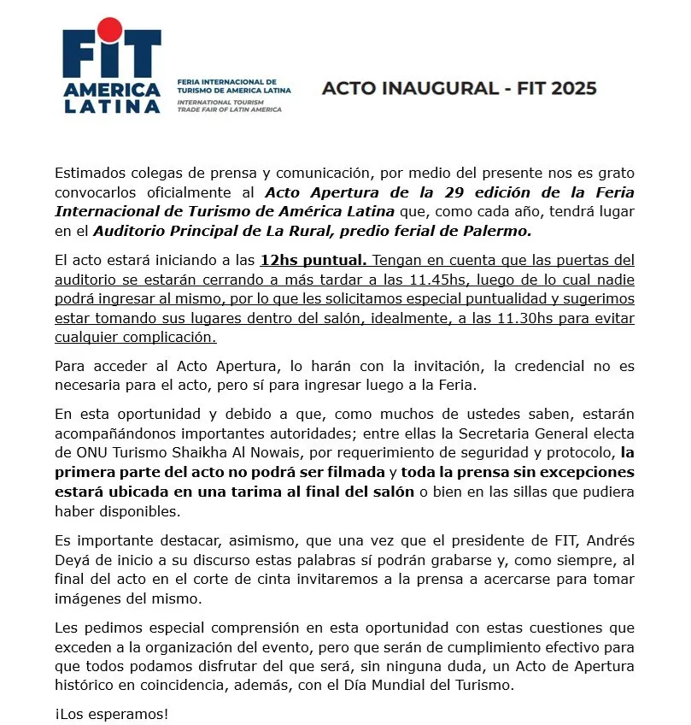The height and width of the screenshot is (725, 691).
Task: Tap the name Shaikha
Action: [x=248, y=452]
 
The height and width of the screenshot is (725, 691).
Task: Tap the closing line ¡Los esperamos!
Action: [x=112, y=713]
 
